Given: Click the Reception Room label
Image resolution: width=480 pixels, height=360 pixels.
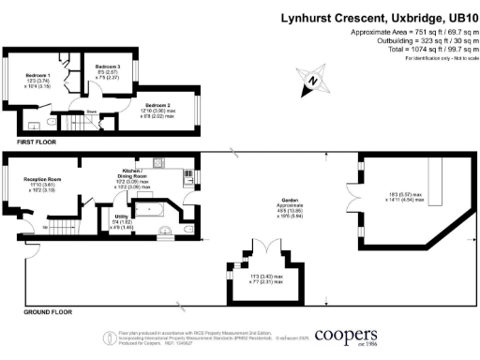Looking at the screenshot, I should point(42,181).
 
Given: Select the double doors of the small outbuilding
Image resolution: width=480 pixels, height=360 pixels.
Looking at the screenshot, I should point(265,247).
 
